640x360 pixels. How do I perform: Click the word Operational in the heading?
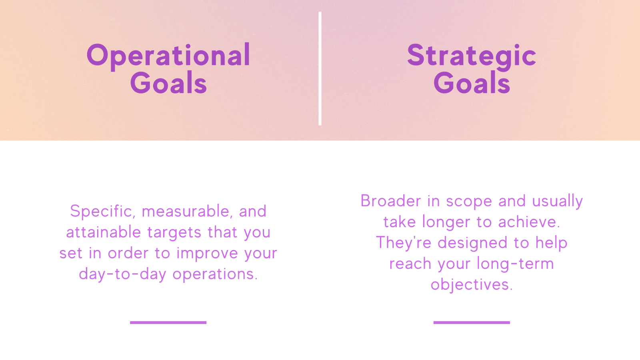coord(168,56)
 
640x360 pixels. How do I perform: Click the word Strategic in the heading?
coord(472,56)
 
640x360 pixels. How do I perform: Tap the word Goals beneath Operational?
coord(168,83)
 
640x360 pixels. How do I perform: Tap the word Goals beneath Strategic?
coord(472,83)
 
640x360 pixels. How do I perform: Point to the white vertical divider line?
coord(320,68)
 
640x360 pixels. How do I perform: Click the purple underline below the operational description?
coord(168,322)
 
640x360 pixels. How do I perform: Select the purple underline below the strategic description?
coord(472,322)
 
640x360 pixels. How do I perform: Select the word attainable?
coord(104,232)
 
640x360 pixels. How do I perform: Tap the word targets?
coord(175,232)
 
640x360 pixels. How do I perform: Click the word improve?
coord(207,254)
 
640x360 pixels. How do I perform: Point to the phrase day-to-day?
coord(122,274)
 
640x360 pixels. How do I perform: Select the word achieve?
coord(529,222)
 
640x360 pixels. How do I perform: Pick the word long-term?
coord(515,264)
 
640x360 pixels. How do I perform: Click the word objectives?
coord(472,285)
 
